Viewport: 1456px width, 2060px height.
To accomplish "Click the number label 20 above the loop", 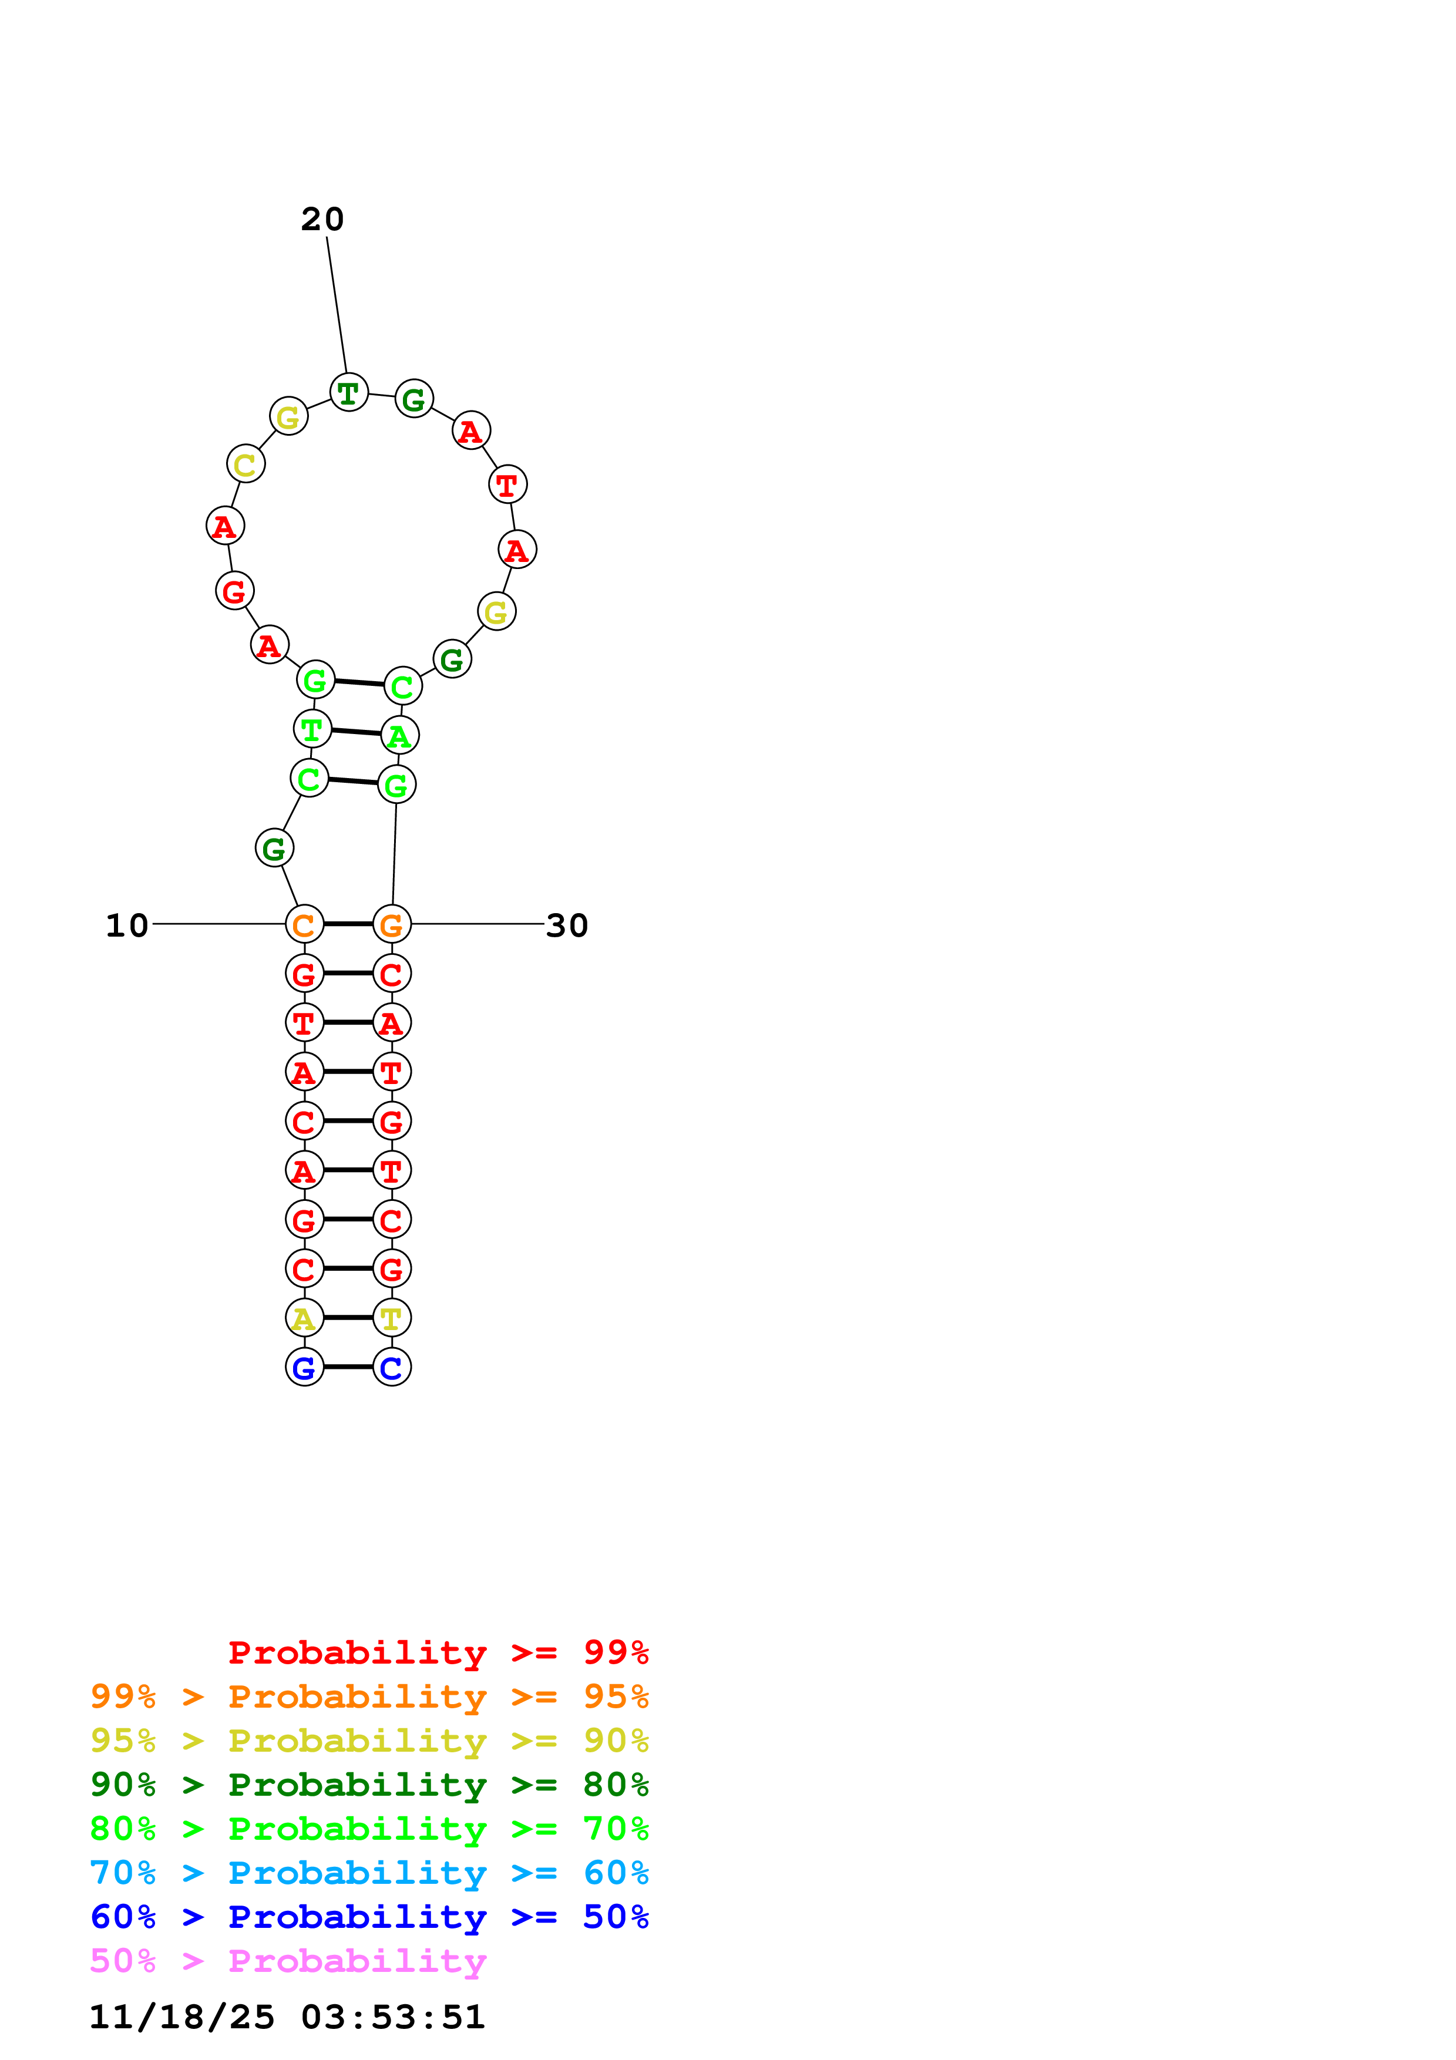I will [x=322, y=219].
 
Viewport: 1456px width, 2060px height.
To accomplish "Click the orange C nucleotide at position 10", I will [x=304, y=924].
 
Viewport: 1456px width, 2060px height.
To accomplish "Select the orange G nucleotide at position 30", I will [x=392, y=924].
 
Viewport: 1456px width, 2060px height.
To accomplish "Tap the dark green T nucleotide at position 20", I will [x=349, y=392].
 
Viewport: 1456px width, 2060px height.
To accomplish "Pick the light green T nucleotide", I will [x=312, y=729].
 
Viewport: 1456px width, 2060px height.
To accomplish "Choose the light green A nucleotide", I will [x=399, y=736].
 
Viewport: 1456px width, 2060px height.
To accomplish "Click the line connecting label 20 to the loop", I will [x=337, y=305].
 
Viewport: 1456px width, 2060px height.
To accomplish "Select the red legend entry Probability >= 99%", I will [x=438, y=1652].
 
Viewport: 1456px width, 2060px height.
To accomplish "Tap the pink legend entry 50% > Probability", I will [x=288, y=1961].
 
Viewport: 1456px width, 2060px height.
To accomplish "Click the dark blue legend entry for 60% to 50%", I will [x=369, y=1917].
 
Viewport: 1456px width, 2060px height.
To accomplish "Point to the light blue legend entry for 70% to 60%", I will [x=369, y=1873].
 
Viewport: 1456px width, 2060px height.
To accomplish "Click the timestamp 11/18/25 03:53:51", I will [x=287, y=2017].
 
